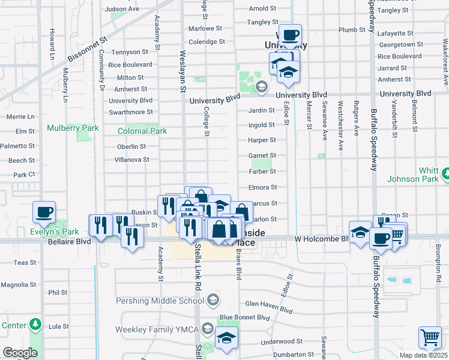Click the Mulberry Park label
tap(73, 128)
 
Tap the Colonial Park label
tap(142, 131)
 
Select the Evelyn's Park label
tap(55, 232)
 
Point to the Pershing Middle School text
tap(163, 300)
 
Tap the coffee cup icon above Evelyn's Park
tap(44, 212)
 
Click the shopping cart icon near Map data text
tap(430, 337)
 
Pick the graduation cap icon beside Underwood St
tap(226, 337)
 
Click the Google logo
tap(20, 353)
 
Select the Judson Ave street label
tap(122, 9)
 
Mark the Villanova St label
tap(131, 160)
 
